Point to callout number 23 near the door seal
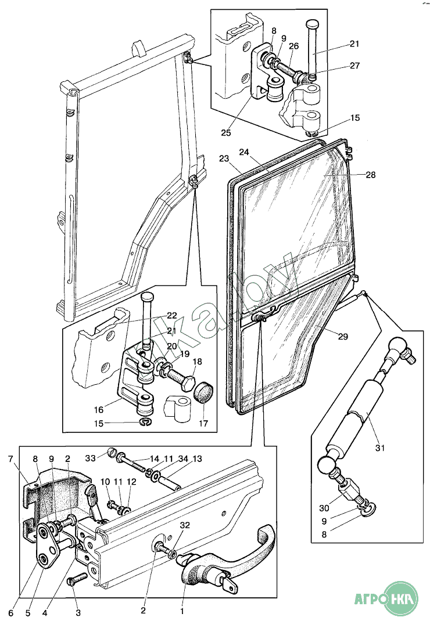click(225, 158)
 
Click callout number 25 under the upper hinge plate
click(226, 132)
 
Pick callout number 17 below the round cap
click(203, 424)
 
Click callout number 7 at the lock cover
click(10, 459)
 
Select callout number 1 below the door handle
click(182, 611)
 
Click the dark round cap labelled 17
click(203, 393)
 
